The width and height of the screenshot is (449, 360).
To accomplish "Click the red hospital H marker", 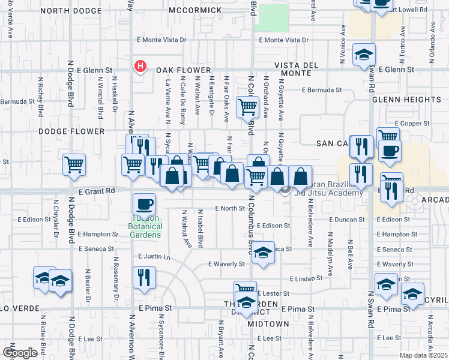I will [x=140, y=66].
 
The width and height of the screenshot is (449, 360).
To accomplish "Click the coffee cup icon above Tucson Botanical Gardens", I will [x=144, y=204].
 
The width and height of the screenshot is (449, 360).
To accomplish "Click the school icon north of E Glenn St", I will [x=364, y=55].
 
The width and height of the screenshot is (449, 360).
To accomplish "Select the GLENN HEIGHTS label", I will [x=406, y=100].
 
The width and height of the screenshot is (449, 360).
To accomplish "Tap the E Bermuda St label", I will [x=322, y=90].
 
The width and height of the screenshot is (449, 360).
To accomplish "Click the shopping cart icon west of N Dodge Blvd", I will [x=74, y=164].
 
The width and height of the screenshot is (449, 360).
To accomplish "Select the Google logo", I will [x=20, y=353].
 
